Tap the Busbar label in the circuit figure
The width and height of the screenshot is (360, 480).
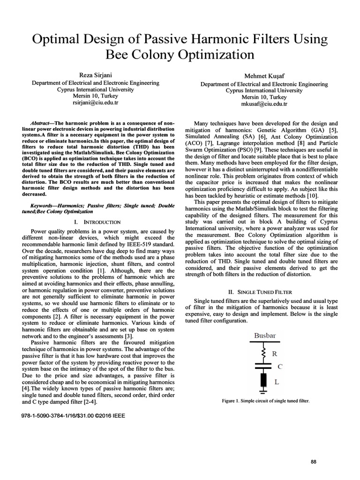[x=265, y=335]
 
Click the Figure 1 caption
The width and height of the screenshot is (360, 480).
[x=265, y=401]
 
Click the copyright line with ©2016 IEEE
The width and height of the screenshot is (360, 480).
[x=73, y=415]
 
